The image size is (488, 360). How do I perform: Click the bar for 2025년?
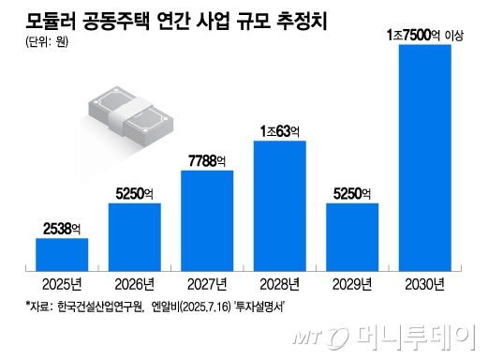62,254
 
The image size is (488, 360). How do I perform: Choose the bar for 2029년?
351,236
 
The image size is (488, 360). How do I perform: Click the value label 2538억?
62,227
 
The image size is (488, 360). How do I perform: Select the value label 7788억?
206,160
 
